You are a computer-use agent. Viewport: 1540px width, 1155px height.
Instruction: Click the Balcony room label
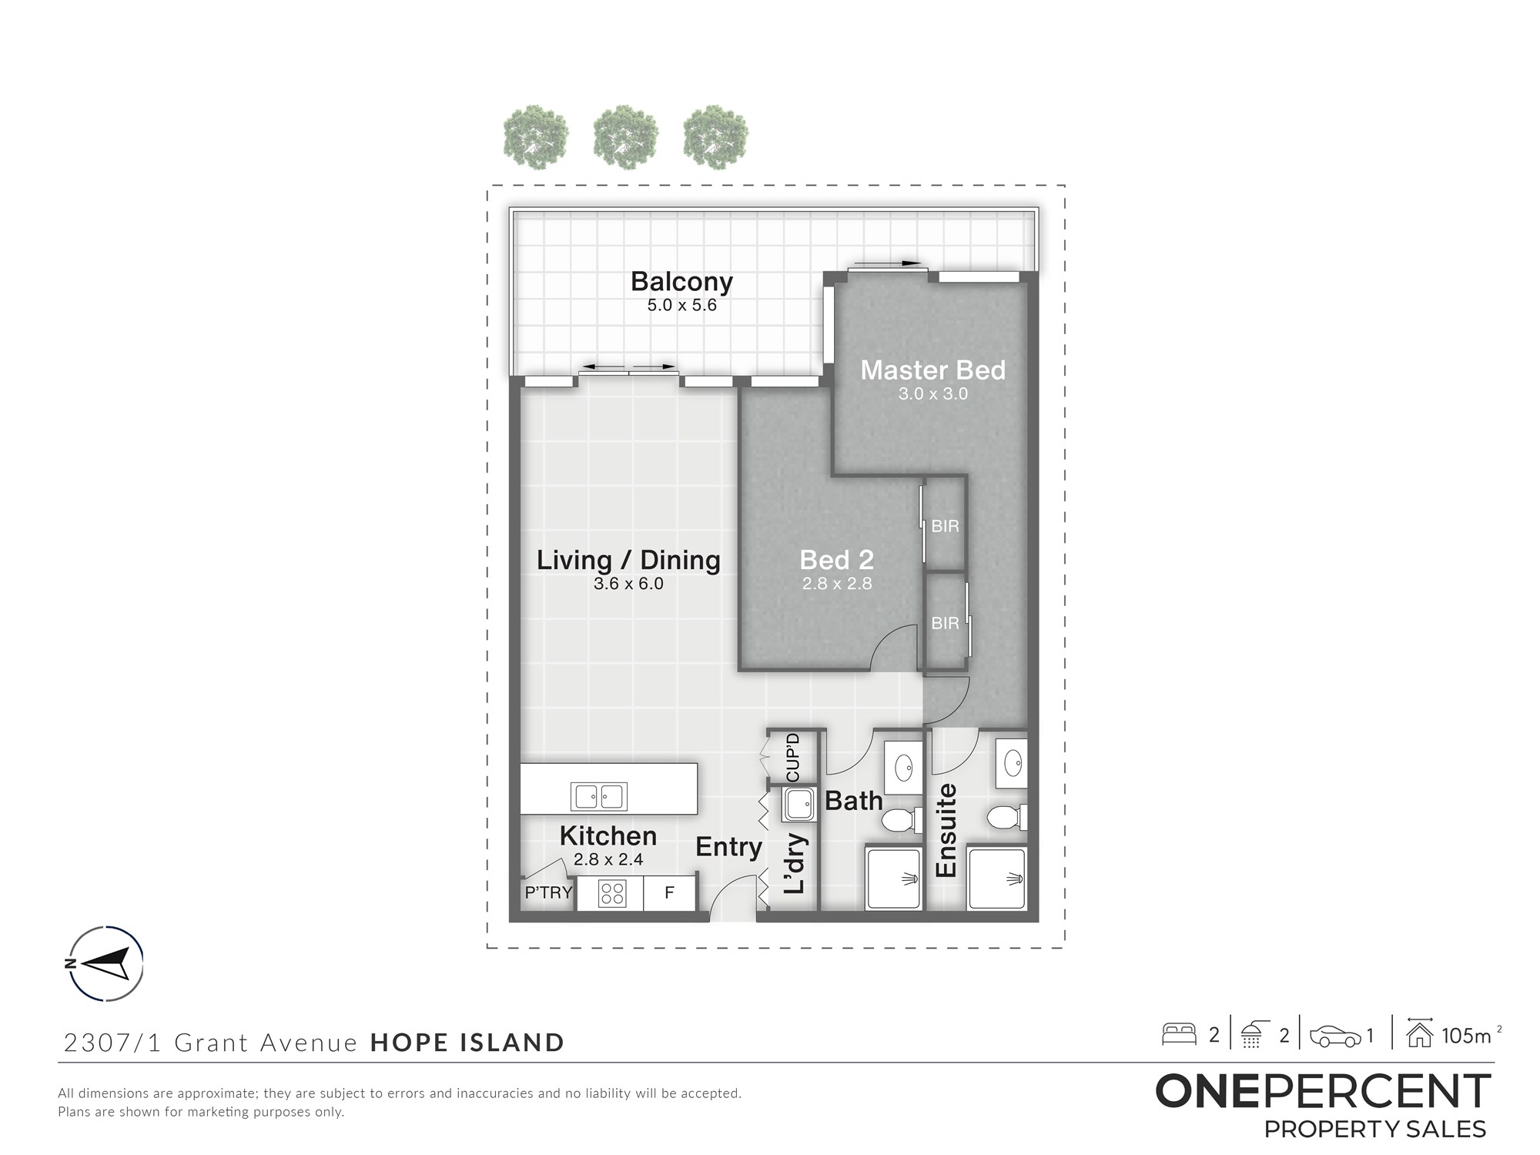[681, 283]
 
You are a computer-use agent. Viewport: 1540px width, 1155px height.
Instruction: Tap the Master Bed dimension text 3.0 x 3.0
[932, 394]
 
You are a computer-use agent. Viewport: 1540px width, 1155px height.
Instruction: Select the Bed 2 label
[836, 560]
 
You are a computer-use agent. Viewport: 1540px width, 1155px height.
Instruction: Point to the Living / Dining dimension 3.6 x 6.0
[628, 584]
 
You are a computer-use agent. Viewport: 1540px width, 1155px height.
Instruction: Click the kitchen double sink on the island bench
[598, 796]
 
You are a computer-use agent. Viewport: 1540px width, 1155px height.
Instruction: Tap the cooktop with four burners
[612, 894]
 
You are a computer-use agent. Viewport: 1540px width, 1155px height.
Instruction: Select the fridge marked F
[669, 893]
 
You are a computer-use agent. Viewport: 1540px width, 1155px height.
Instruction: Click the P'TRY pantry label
[548, 893]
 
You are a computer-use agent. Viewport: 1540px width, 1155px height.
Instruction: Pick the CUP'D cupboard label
[793, 758]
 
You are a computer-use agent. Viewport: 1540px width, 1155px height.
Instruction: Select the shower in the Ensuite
[997, 879]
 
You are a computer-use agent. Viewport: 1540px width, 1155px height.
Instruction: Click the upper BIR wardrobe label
[945, 527]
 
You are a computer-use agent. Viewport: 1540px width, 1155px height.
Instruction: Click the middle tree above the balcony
[626, 138]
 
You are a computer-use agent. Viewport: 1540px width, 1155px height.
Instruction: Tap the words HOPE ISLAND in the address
[467, 1043]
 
